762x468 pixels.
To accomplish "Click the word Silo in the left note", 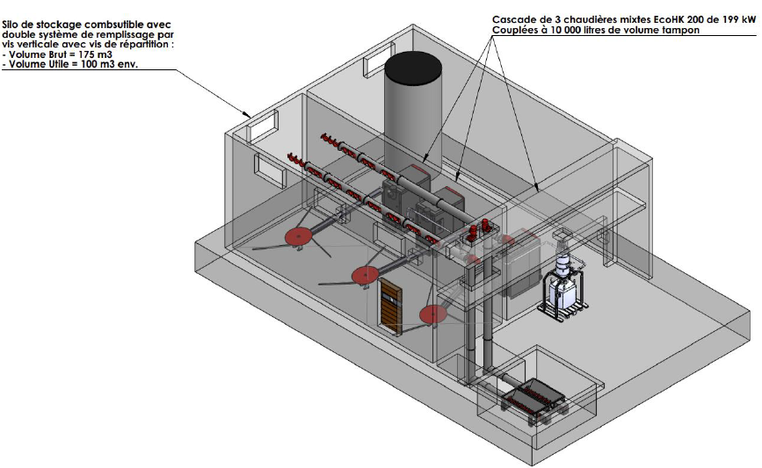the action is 11,25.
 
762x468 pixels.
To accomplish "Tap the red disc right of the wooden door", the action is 432,314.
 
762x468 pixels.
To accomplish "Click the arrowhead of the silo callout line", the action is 248,116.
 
